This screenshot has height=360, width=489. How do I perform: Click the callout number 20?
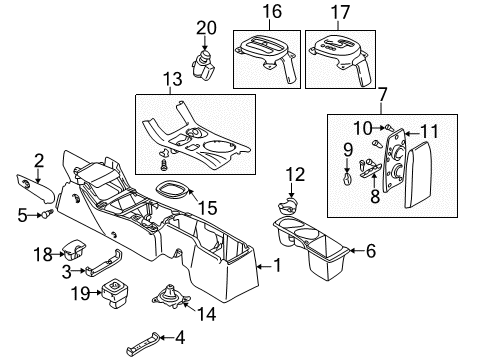206,27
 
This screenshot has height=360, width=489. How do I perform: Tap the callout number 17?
344,13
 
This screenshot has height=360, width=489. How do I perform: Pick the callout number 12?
293,175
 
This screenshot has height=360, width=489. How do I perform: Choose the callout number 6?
371,251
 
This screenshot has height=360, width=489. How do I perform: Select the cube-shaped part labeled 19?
119,295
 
